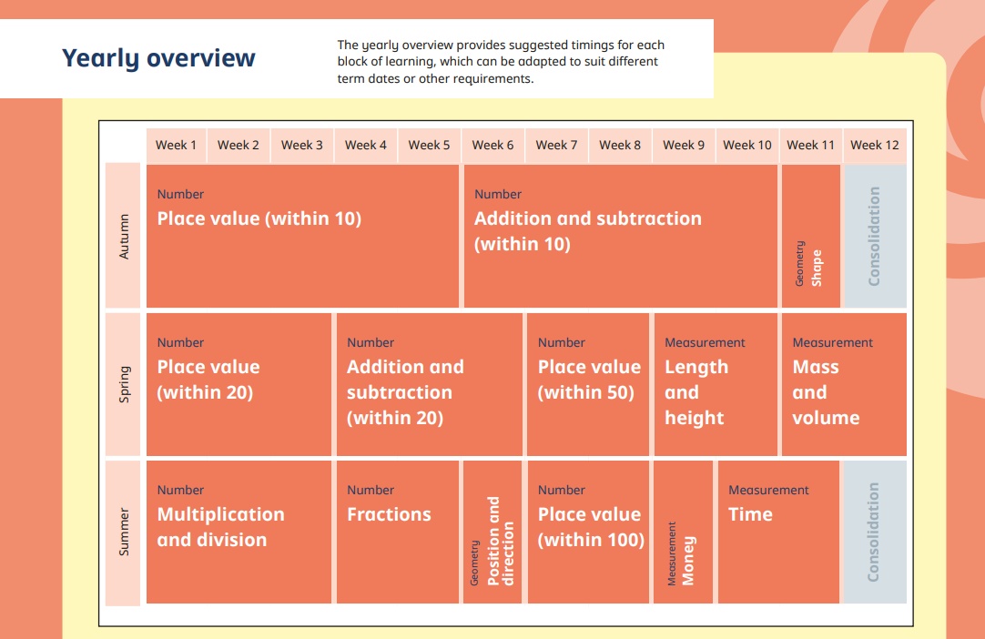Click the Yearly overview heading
(x=158, y=58)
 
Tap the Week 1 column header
(x=176, y=145)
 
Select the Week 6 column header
(x=492, y=145)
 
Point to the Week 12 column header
(x=875, y=145)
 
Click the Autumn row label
(x=123, y=236)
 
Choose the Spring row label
(x=123, y=384)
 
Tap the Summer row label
(x=123, y=532)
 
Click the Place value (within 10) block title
(x=259, y=218)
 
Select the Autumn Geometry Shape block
(x=811, y=237)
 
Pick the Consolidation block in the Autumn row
(x=875, y=237)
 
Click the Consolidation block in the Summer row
(x=875, y=532)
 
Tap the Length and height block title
(x=696, y=392)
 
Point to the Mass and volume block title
(x=826, y=392)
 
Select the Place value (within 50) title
(x=589, y=380)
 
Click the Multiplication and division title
(x=220, y=526)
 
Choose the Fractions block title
(x=389, y=514)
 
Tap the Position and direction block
(x=492, y=532)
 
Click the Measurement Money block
(x=683, y=532)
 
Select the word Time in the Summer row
(x=750, y=514)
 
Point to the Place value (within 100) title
(x=591, y=526)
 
